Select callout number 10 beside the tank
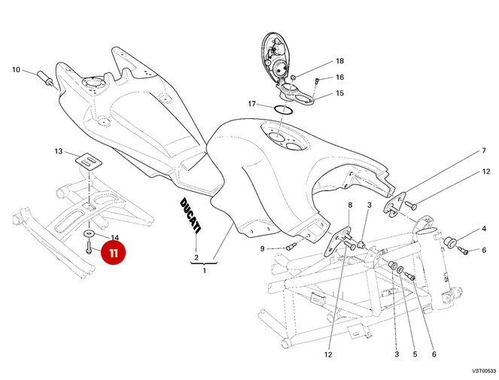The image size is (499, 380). pyautogui.click(x=16, y=71)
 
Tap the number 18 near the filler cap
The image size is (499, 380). pyautogui.click(x=339, y=61)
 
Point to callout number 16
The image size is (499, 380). pyautogui.click(x=339, y=78)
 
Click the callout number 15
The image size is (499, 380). pyautogui.click(x=339, y=93)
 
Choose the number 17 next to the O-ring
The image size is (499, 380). pyautogui.click(x=253, y=103)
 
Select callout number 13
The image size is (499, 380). pyautogui.click(x=59, y=152)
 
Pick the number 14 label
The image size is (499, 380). pyautogui.click(x=115, y=237)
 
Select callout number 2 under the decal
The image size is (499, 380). pyautogui.click(x=196, y=257)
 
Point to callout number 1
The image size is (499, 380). pyautogui.click(x=203, y=270)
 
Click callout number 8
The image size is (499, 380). pyautogui.click(x=349, y=205)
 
